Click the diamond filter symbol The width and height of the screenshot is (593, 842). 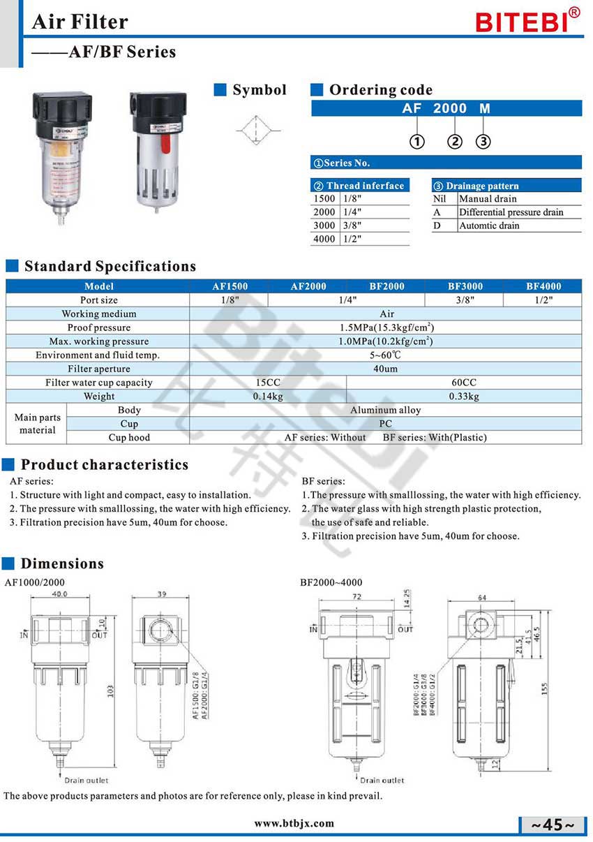(x=250, y=130)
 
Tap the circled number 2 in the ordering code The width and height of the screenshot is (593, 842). (x=455, y=142)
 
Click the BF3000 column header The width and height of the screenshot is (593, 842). (x=465, y=286)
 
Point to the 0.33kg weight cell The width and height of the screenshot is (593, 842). (x=463, y=397)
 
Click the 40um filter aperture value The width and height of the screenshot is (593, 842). (x=385, y=369)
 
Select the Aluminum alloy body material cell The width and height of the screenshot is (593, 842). (x=385, y=410)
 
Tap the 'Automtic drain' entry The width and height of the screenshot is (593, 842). (x=489, y=226)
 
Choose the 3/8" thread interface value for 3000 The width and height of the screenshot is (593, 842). (x=352, y=226)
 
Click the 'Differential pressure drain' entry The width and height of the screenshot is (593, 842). (x=511, y=212)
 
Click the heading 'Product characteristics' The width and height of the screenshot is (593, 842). (x=105, y=465)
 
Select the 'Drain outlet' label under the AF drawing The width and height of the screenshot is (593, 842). (x=87, y=780)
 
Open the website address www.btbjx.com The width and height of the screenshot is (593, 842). (x=294, y=823)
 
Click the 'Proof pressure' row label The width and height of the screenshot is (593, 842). (x=98, y=327)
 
